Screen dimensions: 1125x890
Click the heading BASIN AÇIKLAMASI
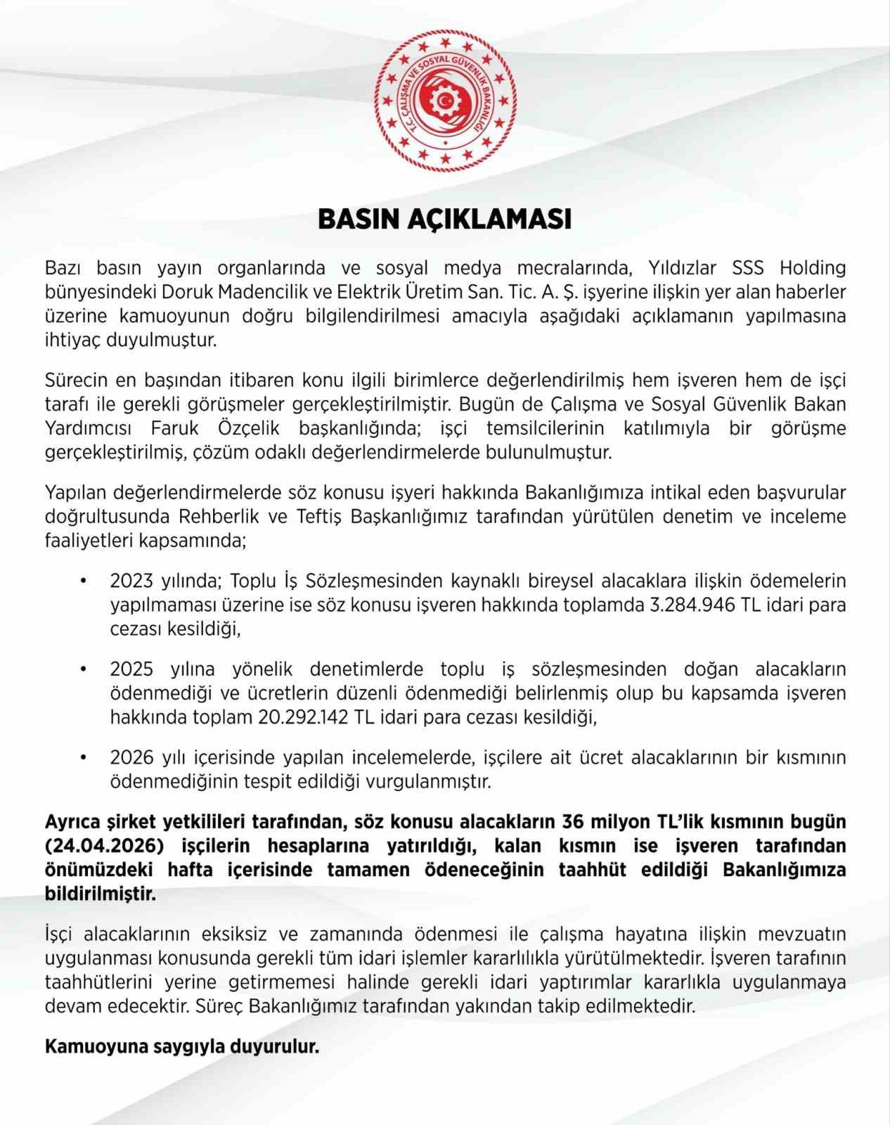point(444,219)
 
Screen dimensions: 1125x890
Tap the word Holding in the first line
point(812,268)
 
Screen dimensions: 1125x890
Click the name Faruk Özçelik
point(215,428)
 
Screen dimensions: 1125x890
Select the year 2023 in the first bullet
point(131,581)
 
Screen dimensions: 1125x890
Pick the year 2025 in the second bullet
point(131,669)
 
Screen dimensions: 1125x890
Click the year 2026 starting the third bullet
point(131,757)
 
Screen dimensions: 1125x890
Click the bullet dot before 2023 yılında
point(84,581)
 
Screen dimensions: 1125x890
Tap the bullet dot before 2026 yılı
point(84,758)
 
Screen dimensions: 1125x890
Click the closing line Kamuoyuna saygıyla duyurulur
point(182,1046)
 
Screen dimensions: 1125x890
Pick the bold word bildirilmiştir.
point(101,894)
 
